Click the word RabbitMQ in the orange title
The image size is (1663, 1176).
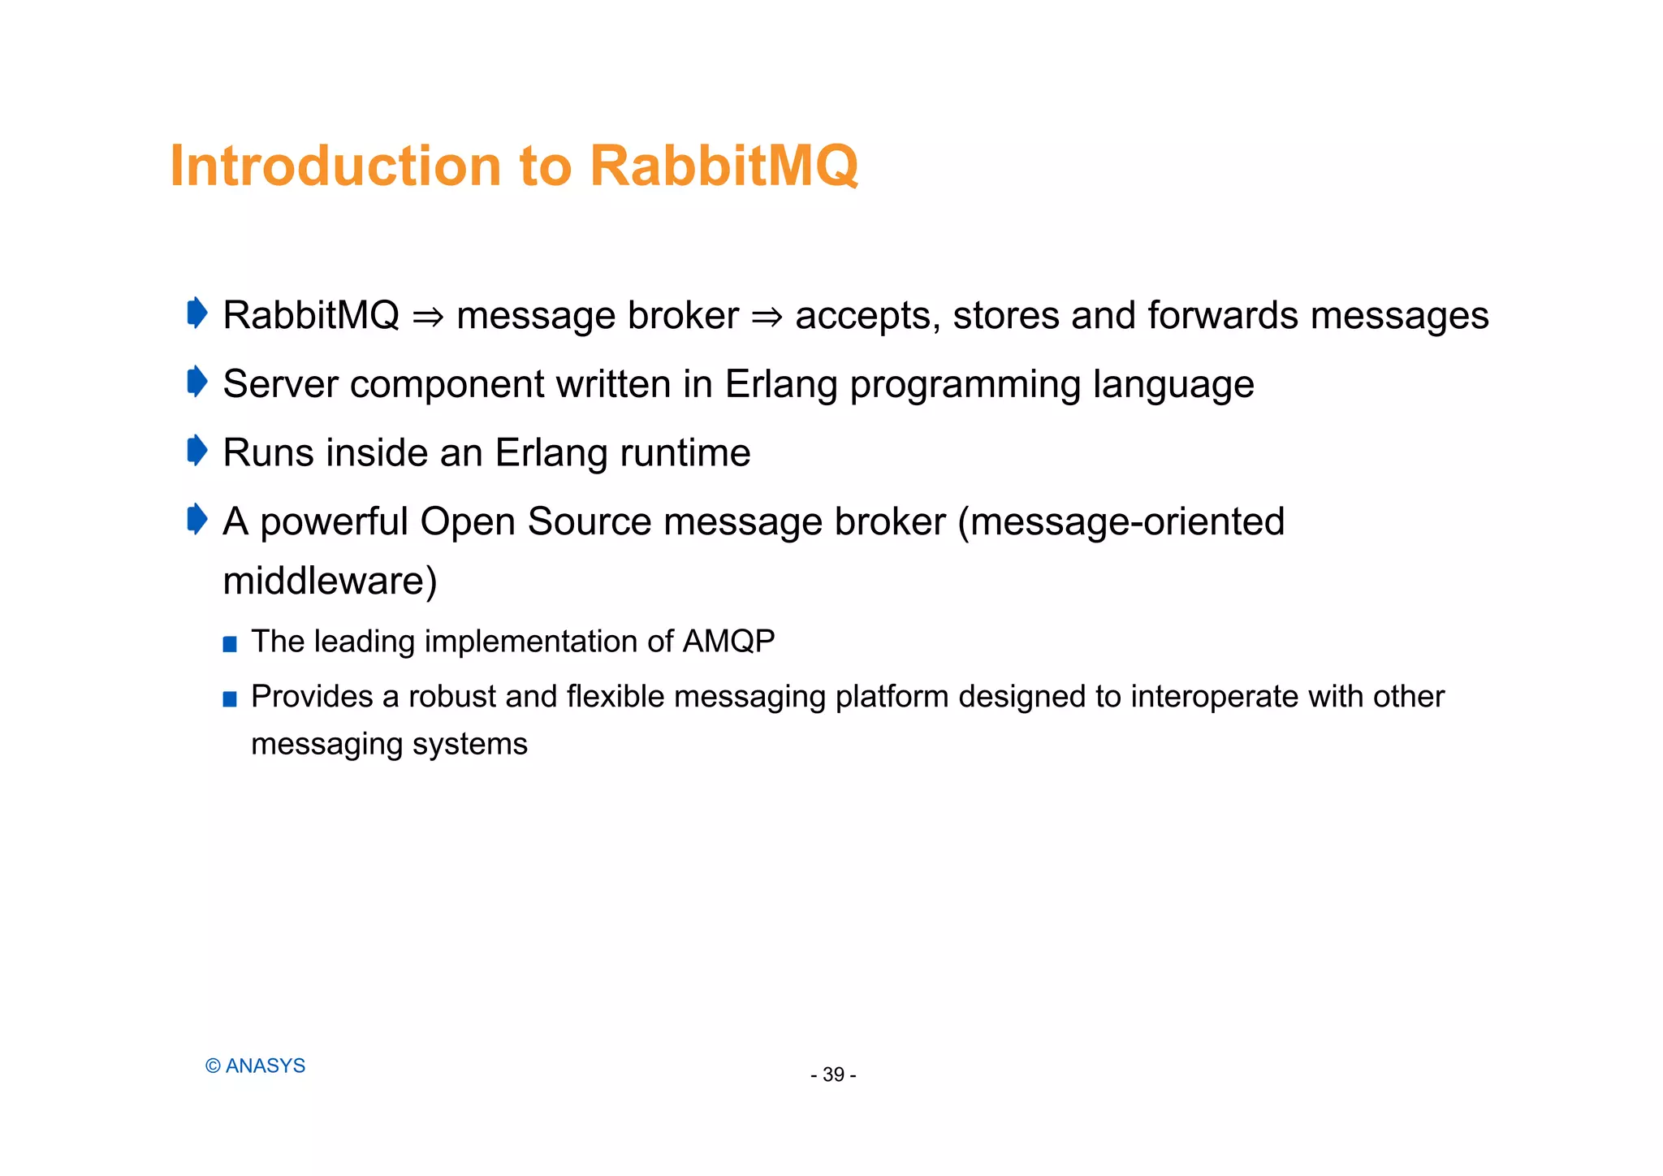tap(723, 166)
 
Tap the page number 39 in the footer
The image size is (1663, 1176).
tap(833, 1074)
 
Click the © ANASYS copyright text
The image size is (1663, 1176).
tap(255, 1066)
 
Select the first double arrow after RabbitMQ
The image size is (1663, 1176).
tap(428, 317)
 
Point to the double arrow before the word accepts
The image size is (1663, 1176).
tap(767, 317)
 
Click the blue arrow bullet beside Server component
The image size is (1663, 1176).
tap(197, 382)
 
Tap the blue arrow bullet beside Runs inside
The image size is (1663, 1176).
tap(197, 451)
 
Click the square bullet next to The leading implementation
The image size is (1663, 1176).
tap(230, 645)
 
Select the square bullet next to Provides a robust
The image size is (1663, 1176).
tap(230, 699)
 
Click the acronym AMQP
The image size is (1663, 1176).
tap(728, 642)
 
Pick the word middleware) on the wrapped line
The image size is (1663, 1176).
tap(330, 582)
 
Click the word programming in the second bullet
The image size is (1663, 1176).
tap(965, 385)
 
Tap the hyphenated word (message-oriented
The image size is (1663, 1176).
tap(1121, 521)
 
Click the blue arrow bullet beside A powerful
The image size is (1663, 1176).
tap(197, 519)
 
